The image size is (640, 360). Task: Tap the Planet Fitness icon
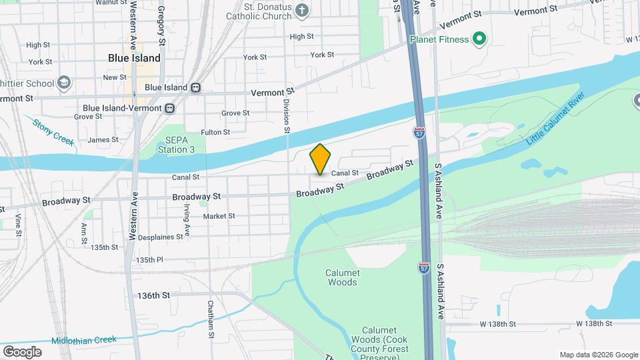pos(478,39)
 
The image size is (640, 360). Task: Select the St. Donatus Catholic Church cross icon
pos(302,10)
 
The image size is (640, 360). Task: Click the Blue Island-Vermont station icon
pos(170,108)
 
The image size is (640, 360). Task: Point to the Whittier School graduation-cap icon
pos(64,83)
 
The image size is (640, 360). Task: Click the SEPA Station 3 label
pos(176,145)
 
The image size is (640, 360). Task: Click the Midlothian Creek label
pos(86,340)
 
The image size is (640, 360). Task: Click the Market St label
pos(219,216)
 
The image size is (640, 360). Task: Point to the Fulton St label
pos(215,133)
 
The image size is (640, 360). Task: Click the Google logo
pos(22,352)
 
